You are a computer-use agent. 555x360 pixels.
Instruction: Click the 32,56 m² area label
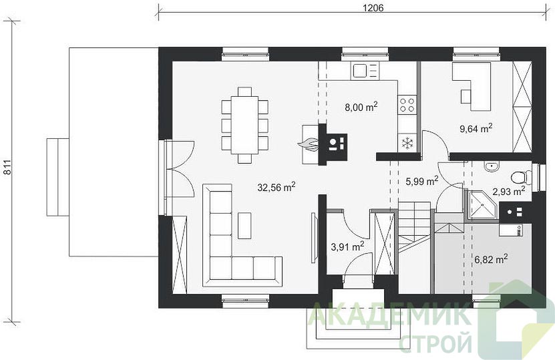click(x=276, y=187)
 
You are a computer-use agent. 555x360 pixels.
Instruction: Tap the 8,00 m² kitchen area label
click(x=361, y=107)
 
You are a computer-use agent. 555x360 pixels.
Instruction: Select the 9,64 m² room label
click(x=476, y=128)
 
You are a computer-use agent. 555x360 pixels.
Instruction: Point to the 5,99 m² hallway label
click(x=421, y=181)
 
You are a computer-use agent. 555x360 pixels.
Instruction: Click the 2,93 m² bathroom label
click(x=509, y=192)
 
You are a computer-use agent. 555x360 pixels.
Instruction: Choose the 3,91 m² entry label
click(x=347, y=246)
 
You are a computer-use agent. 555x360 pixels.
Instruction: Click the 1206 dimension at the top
click(x=373, y=8)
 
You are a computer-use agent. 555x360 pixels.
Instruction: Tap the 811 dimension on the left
click(x=7, y=167)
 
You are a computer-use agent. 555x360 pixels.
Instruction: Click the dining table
click(x=244, y=125)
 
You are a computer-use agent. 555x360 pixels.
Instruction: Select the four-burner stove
click(x=407, y=105)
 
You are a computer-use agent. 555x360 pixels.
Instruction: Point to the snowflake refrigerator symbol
click(x=408, y=143)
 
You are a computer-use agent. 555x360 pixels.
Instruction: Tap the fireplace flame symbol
click(x=309, y=144)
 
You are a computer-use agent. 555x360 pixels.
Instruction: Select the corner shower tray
click(x=482, y=205)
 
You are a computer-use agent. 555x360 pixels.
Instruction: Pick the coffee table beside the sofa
click(x=244, y=226)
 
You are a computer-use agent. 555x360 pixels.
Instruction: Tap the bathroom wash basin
click(x=492, y=167)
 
